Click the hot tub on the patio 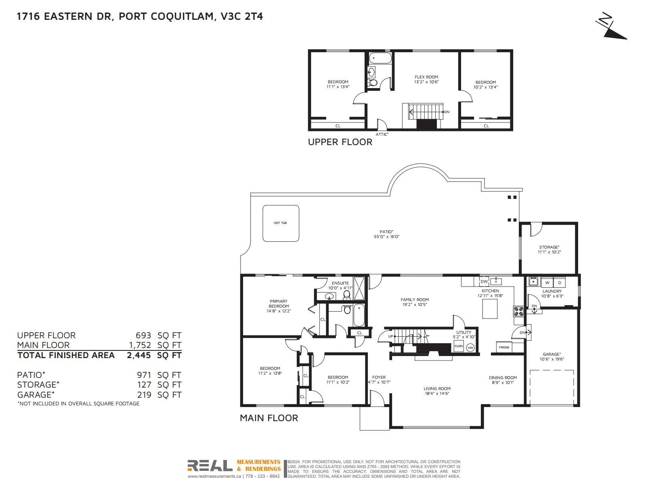click(281, 223)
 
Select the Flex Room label click(426, 77)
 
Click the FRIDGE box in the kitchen click(504, 347)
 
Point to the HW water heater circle click(470, 348)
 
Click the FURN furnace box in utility click(459, 347)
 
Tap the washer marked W click(547, 283)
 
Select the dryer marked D click(560, 283)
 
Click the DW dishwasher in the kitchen click(484, 281)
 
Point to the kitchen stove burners click(518, 311)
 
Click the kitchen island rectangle click(490, 309)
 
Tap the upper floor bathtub click(380, 58)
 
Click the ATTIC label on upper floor click(382, 134)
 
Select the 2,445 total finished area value click(138, 355)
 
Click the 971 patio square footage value click(144, 375)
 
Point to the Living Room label click(437, 388)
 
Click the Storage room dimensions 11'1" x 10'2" click(549, 252)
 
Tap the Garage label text click(552, 354)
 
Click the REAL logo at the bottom click(210, 466)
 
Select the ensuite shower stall click(359, 288)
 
